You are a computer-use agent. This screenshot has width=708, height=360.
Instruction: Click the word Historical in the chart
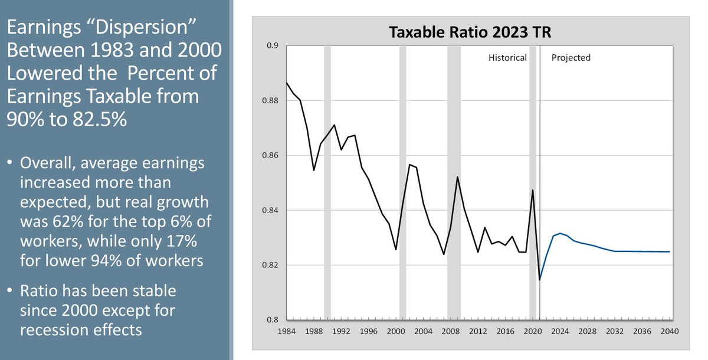click(507, 58)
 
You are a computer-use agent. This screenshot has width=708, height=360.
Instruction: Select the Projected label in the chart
click(571, 58)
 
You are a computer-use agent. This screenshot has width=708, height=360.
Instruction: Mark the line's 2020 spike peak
click(533, 190)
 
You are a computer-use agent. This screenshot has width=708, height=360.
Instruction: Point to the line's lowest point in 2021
click(540, 280)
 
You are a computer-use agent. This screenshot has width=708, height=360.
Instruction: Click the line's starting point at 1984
click(287, 83)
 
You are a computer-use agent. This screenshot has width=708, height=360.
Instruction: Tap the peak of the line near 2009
click(457, 177)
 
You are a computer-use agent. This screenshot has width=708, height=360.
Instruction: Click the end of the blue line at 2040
click(670, 251)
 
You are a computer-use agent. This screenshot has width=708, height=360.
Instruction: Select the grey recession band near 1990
click(327, 177)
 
